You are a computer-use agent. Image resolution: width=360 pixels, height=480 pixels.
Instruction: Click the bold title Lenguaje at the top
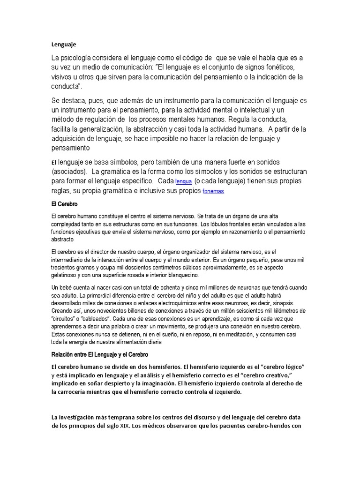click(x=63, y=45)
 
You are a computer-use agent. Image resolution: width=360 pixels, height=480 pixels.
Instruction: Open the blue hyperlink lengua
click(x=183, y=181)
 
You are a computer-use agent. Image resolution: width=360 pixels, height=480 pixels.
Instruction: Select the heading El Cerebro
click(x=64, y=205)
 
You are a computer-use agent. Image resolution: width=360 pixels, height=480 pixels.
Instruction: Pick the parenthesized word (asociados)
click(x=68, y=172)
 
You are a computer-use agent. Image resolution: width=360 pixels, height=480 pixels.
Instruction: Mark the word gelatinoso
click(x=66, y=275)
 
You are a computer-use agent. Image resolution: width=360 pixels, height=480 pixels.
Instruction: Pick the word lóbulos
click(x=224, y=224)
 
